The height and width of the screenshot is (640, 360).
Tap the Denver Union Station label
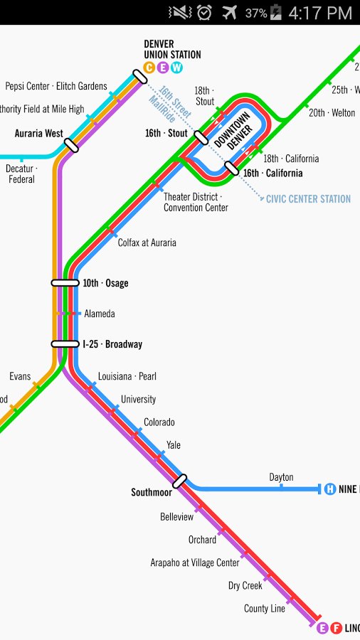click(x=172, y=49)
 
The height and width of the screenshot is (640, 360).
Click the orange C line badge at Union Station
click(x=149, y=68)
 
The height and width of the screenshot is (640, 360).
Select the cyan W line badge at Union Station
click(x=176, y=68)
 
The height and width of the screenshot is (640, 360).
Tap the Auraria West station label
click(x=39, y=133)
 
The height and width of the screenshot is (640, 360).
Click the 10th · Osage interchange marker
click(x=65, y=283)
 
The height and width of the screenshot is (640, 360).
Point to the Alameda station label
click(x=100, y=314)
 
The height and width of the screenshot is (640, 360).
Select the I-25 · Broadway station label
click(x=112, y=344)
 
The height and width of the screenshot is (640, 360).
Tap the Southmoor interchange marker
click(x=179, y=481)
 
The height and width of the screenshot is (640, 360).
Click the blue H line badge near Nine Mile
click(x=330, y=489)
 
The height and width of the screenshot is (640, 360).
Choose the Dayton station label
click(x=281, y=477)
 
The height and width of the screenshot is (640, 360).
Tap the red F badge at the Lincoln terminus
click(x=336, y=628)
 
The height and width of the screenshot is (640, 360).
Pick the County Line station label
click(x=265, y=609)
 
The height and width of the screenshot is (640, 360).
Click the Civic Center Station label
click(x=308, y=199)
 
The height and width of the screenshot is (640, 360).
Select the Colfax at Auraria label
click(x=147, y=242)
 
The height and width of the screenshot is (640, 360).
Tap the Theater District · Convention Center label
click(x=196, y=202)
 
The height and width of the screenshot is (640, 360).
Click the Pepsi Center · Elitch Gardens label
click(x=56, y=87)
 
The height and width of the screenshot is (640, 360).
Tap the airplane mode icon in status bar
click(x=229, y=12)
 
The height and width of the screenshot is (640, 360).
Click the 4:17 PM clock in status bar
click(x=320, y=12)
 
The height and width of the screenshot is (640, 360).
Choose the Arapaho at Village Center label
click(x=195, y=562)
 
